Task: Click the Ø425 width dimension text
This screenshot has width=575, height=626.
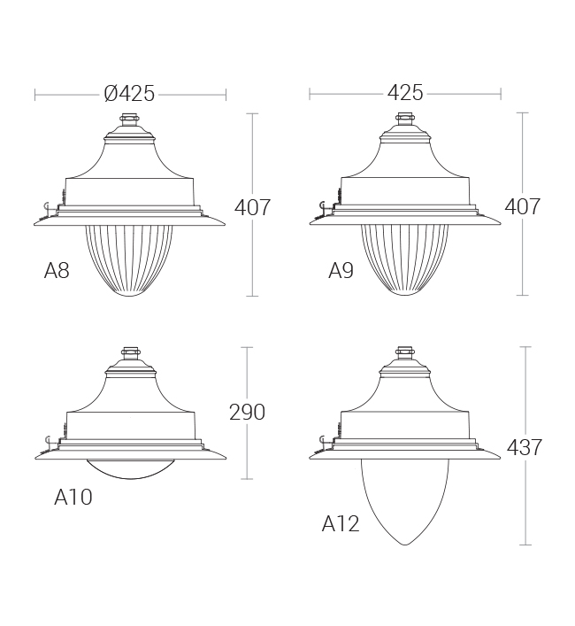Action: (x=129, y=94)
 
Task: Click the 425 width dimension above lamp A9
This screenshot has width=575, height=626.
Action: (x=405, y=93)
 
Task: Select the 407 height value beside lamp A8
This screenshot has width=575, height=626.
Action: (x=252, y=207)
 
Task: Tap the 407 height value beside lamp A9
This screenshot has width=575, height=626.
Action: (x=523, y=206)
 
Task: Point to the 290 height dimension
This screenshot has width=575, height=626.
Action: (x=247, y=412)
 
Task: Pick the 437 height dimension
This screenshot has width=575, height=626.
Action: (x=525, y=447)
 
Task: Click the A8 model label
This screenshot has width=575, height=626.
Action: (x=57, y=271)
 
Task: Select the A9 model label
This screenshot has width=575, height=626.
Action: (x=341, y=271)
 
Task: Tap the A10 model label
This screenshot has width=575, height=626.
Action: (x=73, y=497)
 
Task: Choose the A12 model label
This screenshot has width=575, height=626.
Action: (x=341, y=524)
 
